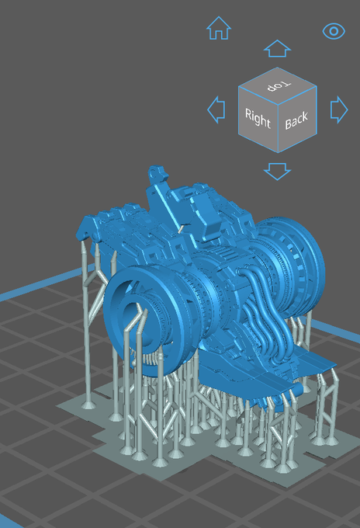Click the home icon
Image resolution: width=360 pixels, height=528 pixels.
point(219,28)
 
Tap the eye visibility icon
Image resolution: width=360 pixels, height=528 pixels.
point(334,31)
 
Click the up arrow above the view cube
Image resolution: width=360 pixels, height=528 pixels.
point(277,48)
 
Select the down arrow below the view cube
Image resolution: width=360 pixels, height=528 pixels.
point(277,171)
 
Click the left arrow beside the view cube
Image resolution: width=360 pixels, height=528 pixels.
point(216,109)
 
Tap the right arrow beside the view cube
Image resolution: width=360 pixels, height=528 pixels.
point(339,109)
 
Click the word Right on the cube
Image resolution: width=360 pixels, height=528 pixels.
point(258,118)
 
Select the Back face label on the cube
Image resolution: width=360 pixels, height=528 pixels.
point(296,120)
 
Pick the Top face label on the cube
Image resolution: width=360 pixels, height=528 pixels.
point(279,85)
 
